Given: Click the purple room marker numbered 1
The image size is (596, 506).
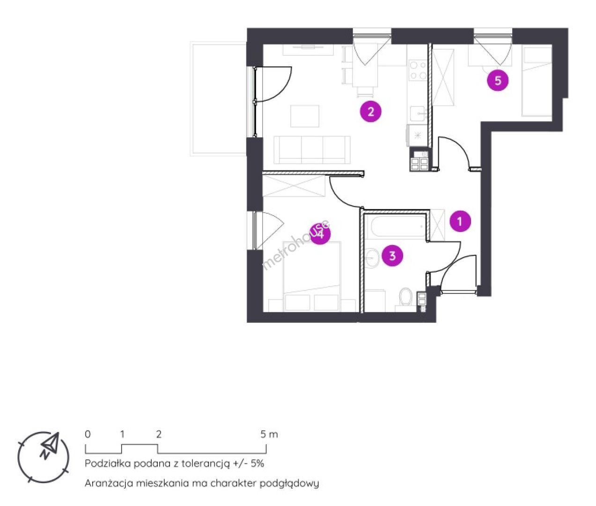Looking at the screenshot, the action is tap(460, 221).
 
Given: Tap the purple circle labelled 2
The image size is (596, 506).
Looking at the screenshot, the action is tap(371, 112).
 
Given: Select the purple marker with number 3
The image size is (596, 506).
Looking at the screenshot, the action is tap(392, 256).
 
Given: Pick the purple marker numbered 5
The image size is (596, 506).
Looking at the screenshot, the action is tap(498, 81).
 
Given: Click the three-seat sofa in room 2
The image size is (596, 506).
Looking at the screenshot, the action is tap(312, 150).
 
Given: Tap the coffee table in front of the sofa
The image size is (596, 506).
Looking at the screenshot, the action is tap(305, 116).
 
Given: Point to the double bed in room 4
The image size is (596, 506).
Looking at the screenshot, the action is tap(312, 276).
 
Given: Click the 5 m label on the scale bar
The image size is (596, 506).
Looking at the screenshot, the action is tap(269, 434).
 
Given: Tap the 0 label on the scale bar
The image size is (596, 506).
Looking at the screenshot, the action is tap(88, 434).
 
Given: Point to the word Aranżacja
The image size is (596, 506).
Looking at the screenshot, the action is tap(109, 483).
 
